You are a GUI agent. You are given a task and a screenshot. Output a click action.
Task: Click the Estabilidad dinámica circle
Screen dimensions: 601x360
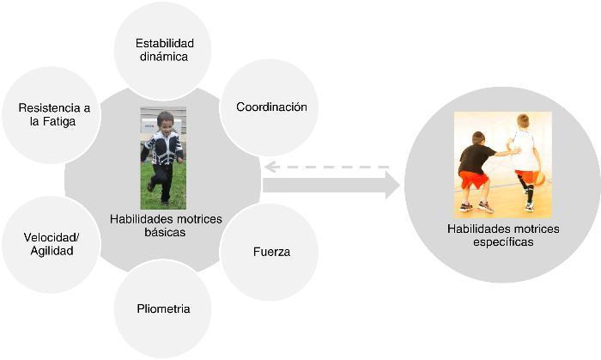(x=163, y=49)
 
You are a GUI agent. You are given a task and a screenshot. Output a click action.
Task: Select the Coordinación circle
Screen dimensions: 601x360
(x=270, y=107)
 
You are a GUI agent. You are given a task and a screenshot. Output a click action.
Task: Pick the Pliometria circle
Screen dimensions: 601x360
(x=163, y=308)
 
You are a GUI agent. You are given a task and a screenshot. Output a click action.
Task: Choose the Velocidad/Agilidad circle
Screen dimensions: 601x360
(x=49, y=244)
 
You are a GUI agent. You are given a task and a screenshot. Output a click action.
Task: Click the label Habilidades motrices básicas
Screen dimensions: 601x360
(x=165, y=226)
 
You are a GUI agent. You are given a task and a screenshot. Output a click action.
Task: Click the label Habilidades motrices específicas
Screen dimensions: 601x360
(x=502, y=235)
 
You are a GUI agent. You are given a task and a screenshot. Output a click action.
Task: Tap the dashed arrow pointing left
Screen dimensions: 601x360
(x=326, y=167)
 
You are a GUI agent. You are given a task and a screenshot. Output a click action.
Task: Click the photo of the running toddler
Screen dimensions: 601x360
(x=163, y=158)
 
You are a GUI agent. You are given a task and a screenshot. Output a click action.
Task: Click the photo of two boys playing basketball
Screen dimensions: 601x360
(x=502, y=163)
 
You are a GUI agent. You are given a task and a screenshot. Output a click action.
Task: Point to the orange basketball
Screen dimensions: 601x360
(x=538, y=178)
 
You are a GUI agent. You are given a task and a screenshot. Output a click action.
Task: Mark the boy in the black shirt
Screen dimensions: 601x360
(x=475, y=168)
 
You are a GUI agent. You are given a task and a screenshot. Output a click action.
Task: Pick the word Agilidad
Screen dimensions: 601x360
(x=49, y=251)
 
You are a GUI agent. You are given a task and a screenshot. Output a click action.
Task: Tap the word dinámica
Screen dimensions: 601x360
(x=163, y=57)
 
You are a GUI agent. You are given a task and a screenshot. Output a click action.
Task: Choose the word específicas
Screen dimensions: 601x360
(x=502, y=242)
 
